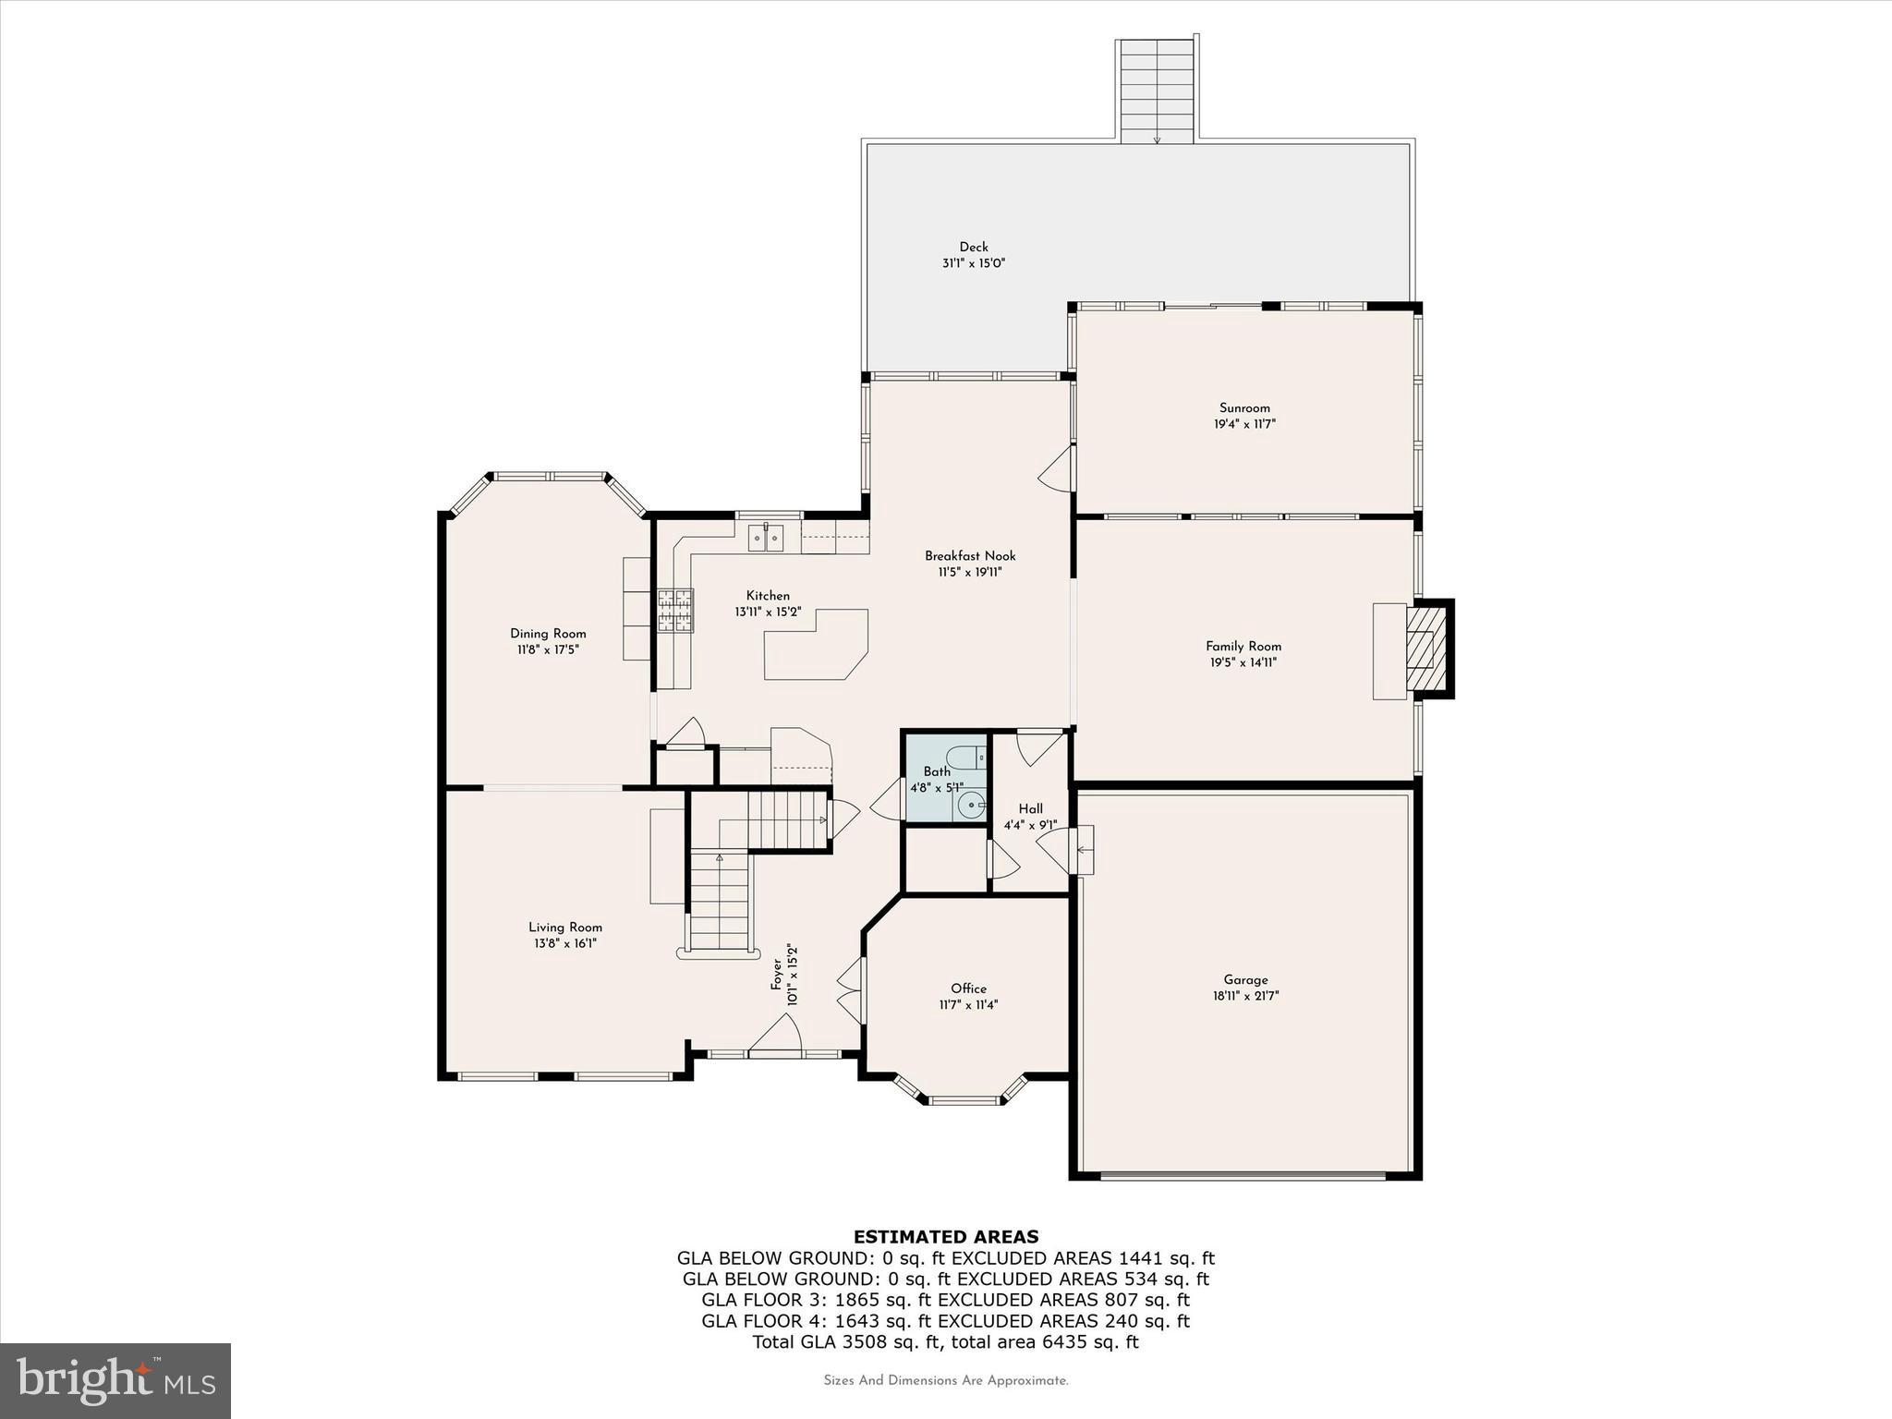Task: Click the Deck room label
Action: coord(973,247)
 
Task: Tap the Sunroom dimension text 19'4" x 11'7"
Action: coord(1244,425)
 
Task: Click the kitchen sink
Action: coord(766,536)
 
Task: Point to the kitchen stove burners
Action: coord(675,611)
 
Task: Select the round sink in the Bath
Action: coord(971,806)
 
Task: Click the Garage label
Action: coord(1245,980)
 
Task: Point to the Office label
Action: coord(968,988)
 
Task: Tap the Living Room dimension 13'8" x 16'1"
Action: coord(564,944)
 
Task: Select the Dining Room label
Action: coord(548,634)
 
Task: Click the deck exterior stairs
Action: coord(1157,91)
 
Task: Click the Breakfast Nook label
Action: coord(970,556)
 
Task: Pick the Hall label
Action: coord(1030,809)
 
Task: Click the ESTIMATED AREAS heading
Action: coord(945,1237)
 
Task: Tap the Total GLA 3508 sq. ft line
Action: coord(945,1342)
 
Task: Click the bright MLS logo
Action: coord(115,1380)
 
